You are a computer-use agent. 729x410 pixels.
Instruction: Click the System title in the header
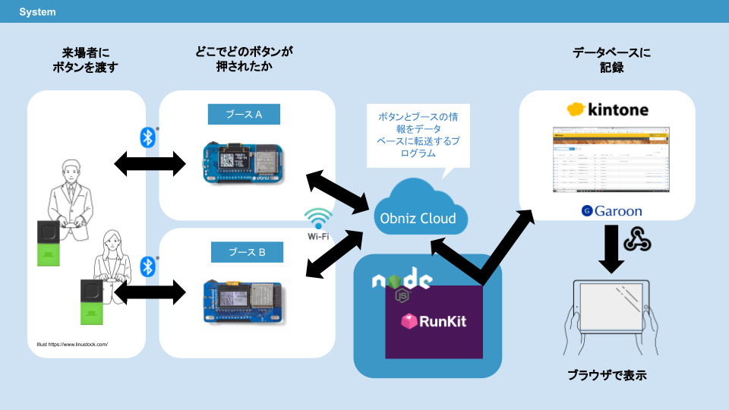tap(37, 12)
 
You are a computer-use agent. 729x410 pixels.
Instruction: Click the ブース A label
tap(244, 115)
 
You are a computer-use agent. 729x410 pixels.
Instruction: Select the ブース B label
tap(244, 251)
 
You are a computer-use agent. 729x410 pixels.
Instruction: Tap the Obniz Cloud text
tap(418, 219)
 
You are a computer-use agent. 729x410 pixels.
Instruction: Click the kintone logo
tap(607, 109)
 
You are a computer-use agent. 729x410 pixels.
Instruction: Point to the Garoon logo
tap(612, 210)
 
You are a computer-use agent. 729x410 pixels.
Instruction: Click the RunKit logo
tap(434, 320)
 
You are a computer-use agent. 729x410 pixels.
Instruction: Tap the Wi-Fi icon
tap(318, 219)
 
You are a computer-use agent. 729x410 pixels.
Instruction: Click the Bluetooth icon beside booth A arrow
tap(148, 137)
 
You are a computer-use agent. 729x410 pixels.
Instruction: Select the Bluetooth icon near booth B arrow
tap(148, 266)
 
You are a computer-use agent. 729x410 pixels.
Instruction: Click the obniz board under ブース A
tap(245, 162)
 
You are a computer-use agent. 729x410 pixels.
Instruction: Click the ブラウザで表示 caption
tap(607, 375)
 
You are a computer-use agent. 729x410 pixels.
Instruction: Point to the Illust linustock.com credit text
tap(72, 345)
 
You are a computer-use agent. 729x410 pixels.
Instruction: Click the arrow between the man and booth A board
tap(150, 162)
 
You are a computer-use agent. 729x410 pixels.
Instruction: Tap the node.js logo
tap(402, 282)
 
